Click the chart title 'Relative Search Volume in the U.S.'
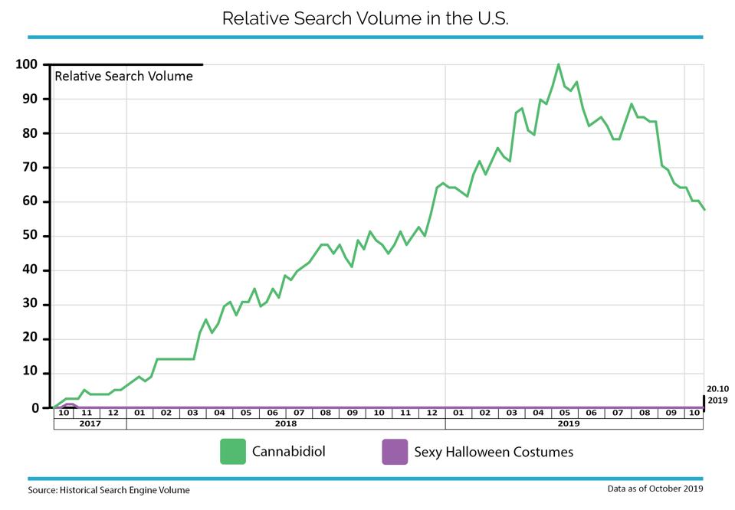[365, 18]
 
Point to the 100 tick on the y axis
[26, 64]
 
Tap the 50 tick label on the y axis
[30, 236]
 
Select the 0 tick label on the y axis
[35, 408]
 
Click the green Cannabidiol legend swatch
[233, 452]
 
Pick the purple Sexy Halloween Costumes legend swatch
[395, 452]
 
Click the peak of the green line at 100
[558, 64]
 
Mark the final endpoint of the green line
[704, 210]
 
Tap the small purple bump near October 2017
[69, 404]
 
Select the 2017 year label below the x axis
[90, 423]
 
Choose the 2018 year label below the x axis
[286, 423]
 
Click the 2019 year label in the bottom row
[569, 423]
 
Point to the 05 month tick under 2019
[565, 413]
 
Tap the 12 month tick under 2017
[113, 413]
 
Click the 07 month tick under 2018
[299, 413]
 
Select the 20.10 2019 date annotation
[717, 394]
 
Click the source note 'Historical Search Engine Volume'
[125, 490]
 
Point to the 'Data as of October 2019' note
[655, 489]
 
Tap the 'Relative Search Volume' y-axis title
[123, 77]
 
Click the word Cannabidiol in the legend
[289, 452]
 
